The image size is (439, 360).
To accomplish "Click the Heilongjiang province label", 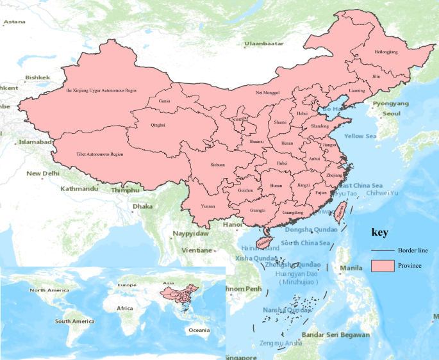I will click(x=385, y=51).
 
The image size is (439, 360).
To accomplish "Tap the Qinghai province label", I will click(x=158, y=125).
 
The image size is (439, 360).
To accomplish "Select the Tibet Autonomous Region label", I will click(x=99, y=154).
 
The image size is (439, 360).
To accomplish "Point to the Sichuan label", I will click(x=218, y=165).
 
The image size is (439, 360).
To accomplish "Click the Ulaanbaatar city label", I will click(x=263, y=44).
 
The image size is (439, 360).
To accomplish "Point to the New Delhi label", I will click(x=43, y=173).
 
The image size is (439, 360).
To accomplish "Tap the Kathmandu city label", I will click(x=79, y=189).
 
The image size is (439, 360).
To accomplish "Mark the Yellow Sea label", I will click(x=361, y=136).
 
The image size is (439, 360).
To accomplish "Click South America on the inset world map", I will click(x=74, y=321).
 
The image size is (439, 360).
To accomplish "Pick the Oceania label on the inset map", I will click(x=198, y=330).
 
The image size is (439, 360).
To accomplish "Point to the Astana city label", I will click(x=14, y=22).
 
